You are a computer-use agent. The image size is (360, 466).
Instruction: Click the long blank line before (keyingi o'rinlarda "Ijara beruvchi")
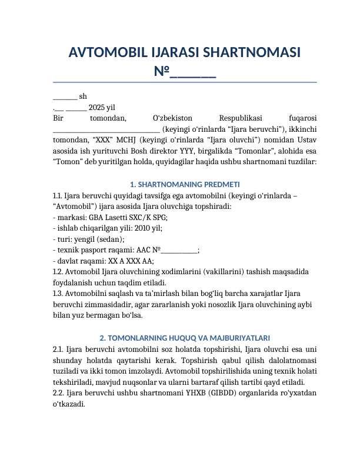pos(106,128)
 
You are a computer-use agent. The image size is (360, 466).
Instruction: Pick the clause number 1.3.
pos(58,292)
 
